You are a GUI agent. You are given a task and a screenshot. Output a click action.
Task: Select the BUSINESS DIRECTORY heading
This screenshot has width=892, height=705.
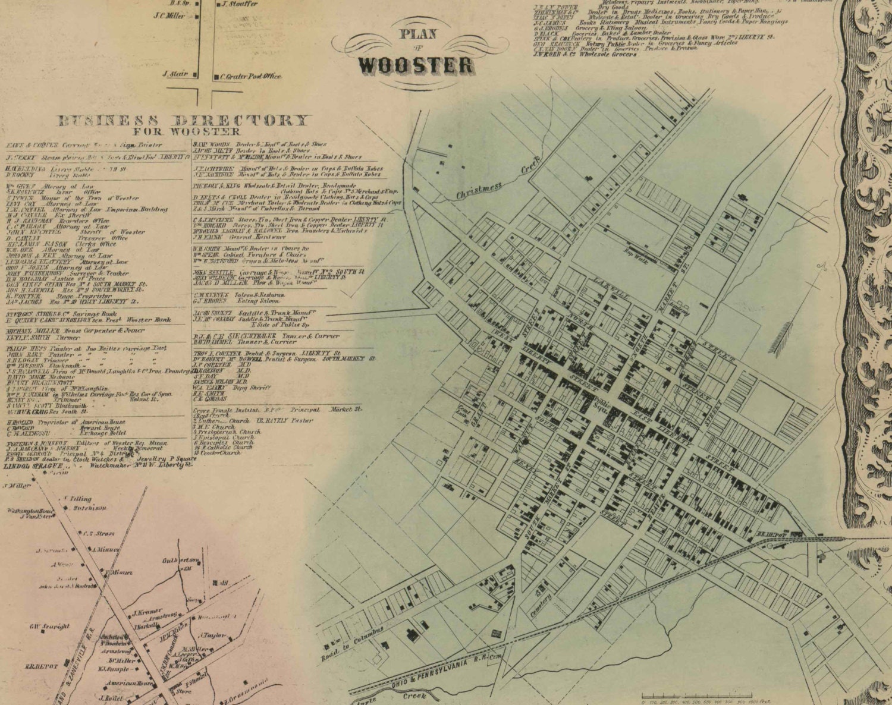[183, 121]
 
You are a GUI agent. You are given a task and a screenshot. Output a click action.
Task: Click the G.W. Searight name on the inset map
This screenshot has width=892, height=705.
[49, 626]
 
